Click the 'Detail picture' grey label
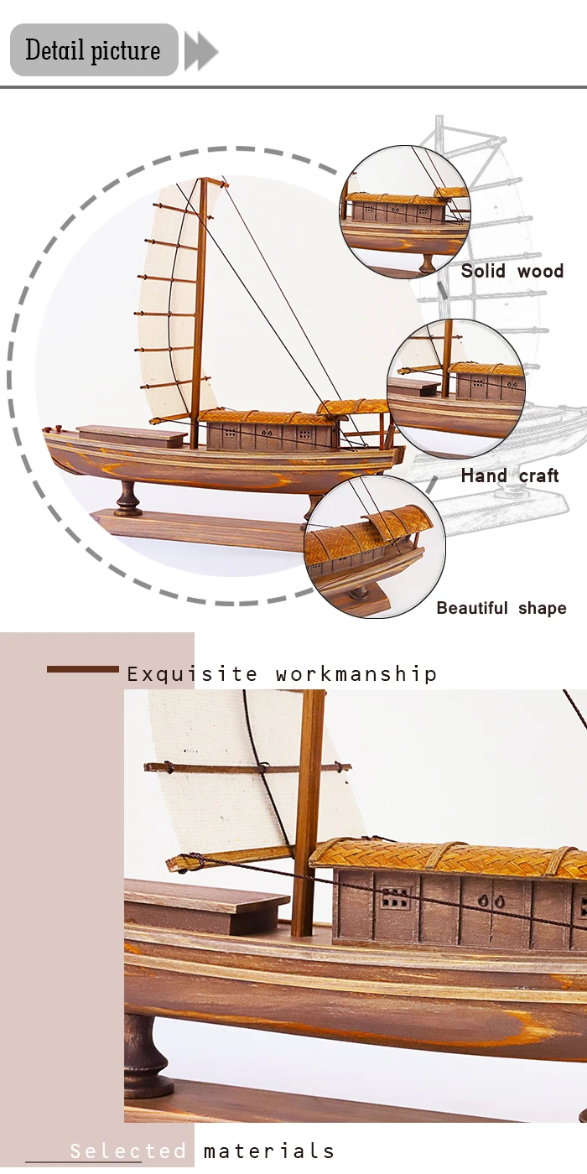(93, 50)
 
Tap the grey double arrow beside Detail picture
(200, 52)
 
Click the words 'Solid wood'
(512, 271)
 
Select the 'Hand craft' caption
(509, 475)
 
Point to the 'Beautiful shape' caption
(501, 608)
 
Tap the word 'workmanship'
(356, 674)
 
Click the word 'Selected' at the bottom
(128, 1151)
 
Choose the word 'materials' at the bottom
(268, 1151)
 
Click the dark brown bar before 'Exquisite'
(82, 669)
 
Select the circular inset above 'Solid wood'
(405, 210)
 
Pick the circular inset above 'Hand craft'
(456, 387)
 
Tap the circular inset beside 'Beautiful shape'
(374, 546)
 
